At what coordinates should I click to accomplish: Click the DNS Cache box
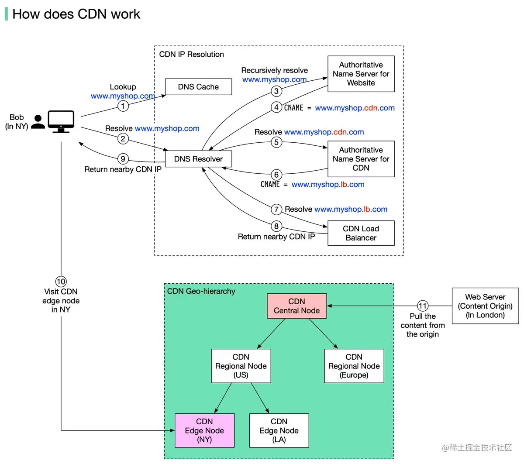(198, 87)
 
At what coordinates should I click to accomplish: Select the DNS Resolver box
(198, 159)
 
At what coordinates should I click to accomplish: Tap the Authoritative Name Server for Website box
(361, 74)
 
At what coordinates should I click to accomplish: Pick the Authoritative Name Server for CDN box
(361, 159)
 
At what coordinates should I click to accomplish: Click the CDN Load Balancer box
(361, 233)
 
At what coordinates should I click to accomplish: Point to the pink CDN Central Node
(296, 306)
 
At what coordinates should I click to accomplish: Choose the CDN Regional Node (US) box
(241, 366)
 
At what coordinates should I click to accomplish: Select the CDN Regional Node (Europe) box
(354, 366)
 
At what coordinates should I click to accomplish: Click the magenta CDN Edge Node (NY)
(204, 430)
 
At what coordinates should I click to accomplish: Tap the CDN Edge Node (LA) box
(279, 430)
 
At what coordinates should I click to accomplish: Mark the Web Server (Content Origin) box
(485, 306)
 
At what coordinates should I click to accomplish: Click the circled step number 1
(123, 106)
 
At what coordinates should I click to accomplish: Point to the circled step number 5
(276, 142)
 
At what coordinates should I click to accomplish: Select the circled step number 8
(276, 226)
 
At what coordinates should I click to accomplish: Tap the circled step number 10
(61, 282)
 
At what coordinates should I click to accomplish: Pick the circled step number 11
(422, 306)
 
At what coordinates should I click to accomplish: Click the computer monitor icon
(61, 121)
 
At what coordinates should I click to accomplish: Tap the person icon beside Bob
(38, 122)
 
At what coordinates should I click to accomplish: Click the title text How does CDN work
(76, 14)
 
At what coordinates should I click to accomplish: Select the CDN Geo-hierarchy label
(201, 291)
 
